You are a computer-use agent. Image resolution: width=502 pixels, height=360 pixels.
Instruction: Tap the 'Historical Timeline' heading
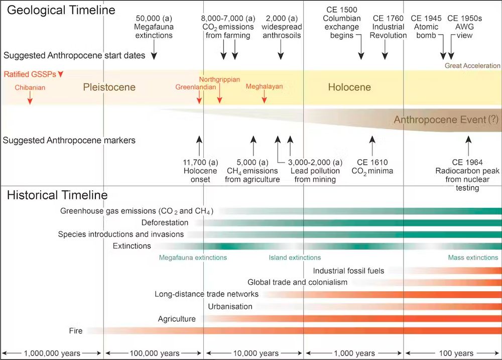[57, 195]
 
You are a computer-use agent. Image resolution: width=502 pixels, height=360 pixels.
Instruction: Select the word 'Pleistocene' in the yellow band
[109, 87]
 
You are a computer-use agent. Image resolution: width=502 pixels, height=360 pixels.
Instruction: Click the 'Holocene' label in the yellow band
[349, 87]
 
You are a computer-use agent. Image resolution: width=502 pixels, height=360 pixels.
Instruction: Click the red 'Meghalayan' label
[264, 86]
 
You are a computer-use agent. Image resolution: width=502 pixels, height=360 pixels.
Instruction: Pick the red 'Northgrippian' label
[219, 79]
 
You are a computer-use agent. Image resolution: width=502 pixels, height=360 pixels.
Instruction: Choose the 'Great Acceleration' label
[472, 66]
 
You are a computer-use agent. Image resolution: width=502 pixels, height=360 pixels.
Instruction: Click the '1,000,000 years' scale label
[53, 353]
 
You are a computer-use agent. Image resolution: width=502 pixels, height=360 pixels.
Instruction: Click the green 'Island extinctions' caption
[295, 258]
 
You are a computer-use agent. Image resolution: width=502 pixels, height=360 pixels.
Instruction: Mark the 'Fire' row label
[75, 331]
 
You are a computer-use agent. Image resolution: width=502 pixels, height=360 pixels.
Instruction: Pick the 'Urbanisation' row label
[230, 306]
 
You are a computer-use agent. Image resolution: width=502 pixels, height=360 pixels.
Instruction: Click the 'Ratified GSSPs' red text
[30, 74]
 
